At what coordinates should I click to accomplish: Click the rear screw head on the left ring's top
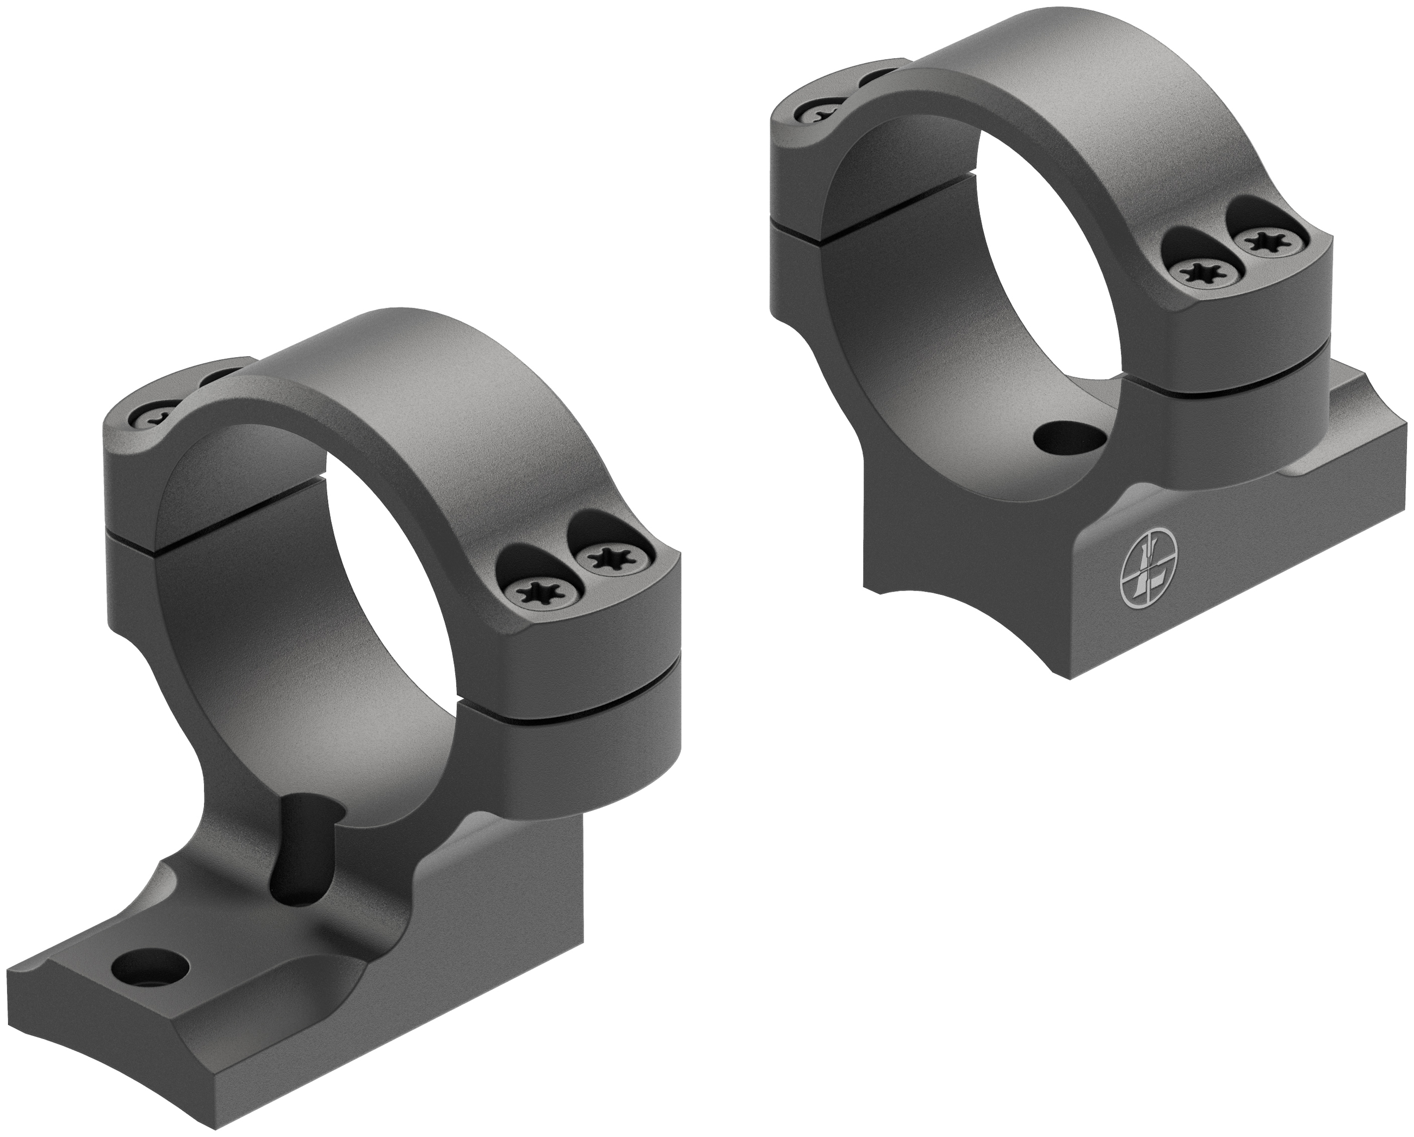pyautogui.click(x=157, y=417)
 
